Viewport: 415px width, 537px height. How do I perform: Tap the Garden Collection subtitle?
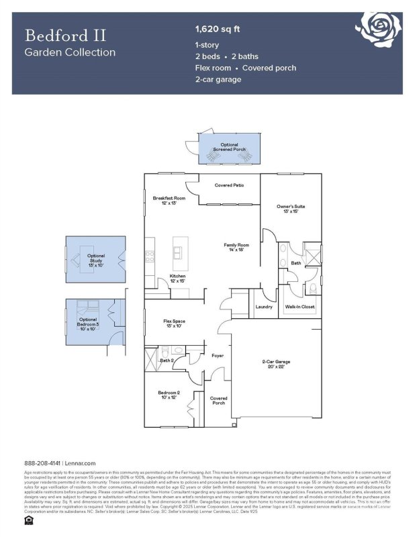pos(70,52)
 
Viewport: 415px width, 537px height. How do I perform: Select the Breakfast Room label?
pos(169,201)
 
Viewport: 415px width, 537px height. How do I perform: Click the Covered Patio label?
pos(228,185)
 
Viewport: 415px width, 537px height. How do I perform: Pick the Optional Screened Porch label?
pos(229,147)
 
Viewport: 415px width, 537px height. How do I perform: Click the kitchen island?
pos(177,248)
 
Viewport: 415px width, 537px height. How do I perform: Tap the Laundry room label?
pos(263,307)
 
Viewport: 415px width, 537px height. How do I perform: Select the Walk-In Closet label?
pos(299,307)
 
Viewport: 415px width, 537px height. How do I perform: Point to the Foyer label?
pos(218,355)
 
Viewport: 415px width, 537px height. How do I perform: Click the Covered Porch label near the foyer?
pos(218,401)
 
